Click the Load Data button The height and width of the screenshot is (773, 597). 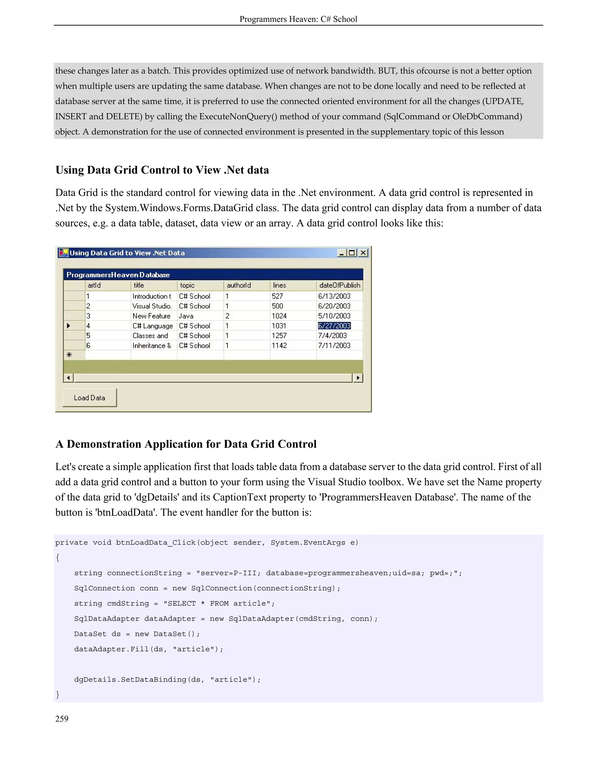pyautogui.click(x=89, y=398)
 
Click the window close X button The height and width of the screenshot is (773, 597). pyautogui.click(x=363, y=253)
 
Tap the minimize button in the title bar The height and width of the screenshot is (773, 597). pyautogui.click(x=341, y=253)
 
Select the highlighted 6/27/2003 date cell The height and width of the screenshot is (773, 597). pyautogui.click(x=334, y=326)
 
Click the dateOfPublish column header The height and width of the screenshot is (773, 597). pyautogui.click(x=340, y=285)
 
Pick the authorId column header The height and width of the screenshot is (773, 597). pyautogui.click(x=239, y=285)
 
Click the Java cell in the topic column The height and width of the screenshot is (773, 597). pyautogui.click(x=186, y=316)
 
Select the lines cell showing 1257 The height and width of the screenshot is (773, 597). pyautogui.click(x=279, y=335)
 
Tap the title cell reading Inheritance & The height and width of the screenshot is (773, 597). pyautogui.click(x=152, y=345)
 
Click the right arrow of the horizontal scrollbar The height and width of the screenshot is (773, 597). pyautogui.click(x=358, y=378)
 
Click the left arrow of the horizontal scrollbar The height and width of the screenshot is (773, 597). pyautogui.click(x=68, y=378)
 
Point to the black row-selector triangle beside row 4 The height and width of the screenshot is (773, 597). pyautogui.click(x=69, y=326)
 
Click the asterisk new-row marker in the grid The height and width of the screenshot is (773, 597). pyautogui.click(x=69, y=355)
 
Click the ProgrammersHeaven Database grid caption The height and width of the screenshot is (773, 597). pyautogui.click(x=118, y=275)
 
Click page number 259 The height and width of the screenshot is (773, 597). pyautogui.click(x=62, y=718)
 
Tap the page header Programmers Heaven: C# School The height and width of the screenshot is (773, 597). pyautogui.click(x=298, y=19)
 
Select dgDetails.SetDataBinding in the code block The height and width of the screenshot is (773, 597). pyautogui.click(x=130, y=679)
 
